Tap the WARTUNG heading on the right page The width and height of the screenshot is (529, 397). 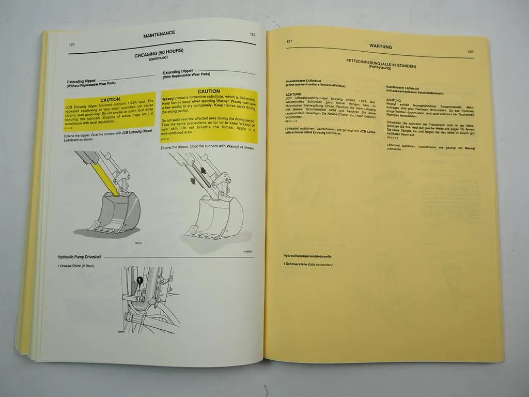click(x=380, y=47)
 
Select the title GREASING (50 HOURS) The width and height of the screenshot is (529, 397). click(x=159, y=52)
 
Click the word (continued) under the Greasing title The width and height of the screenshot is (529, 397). click(x=159, y=58)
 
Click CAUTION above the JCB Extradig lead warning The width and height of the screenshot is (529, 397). click(x=110, y=99)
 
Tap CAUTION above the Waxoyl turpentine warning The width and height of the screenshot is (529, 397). click(x=209, y=91)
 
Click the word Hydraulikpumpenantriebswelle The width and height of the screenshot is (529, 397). click(x=308, y=256)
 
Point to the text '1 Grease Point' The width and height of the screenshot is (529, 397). click(x=70, y=266)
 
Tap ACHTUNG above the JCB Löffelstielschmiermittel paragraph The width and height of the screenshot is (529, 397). click(x=293, y=94)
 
